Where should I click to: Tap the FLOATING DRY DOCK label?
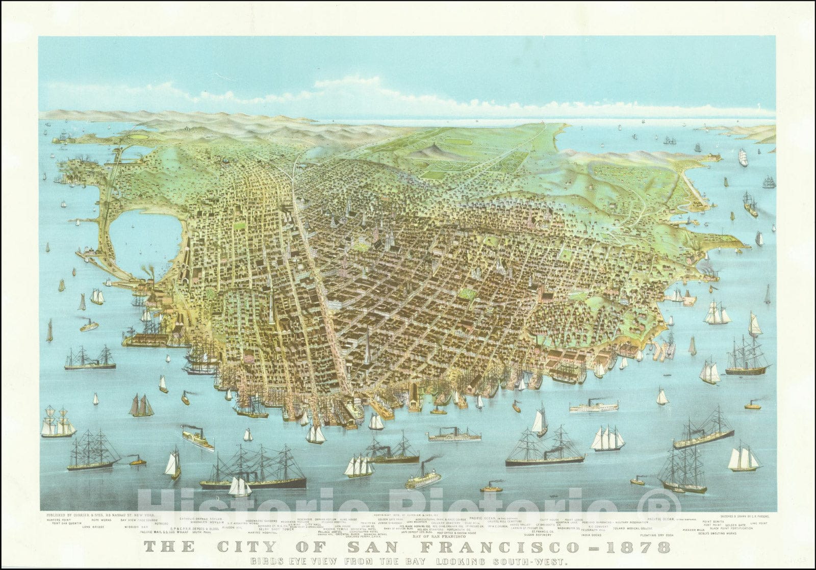pos(657,535)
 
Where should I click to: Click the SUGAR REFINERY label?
pos(538,535)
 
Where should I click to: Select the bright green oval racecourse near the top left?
pos(137,137)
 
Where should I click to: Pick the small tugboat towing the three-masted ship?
pos(137,462)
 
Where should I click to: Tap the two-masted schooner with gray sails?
pos(141,406)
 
